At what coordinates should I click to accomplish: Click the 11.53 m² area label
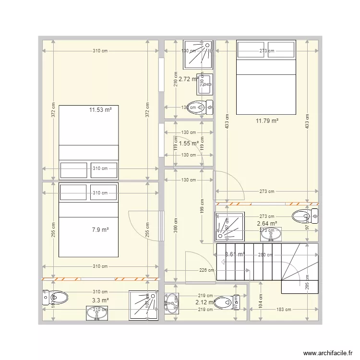(100, 110)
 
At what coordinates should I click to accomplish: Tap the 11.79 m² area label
(267, 121)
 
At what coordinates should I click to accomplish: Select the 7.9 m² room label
(100, 230)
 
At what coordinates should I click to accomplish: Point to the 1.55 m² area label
(188, 143)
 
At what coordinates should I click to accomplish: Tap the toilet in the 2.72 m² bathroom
(199, 107)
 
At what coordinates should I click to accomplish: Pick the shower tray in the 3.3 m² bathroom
(143, 305)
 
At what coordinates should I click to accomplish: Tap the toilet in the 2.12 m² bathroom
(226, 303)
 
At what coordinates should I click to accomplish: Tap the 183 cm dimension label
(283, 310)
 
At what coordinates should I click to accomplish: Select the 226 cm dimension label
(207, 270)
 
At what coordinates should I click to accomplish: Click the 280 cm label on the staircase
(265, 255)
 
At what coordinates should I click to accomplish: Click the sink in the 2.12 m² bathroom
(171, 302)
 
